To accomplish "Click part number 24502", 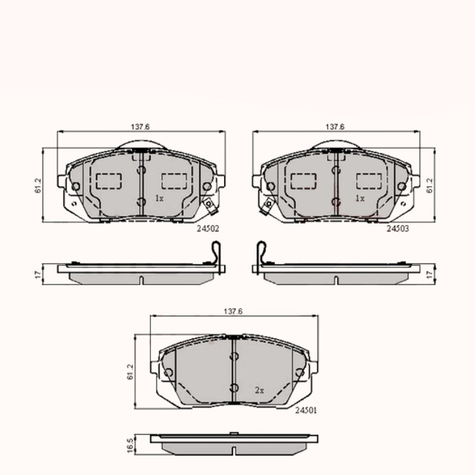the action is pyautogui.click(x=208, y=229).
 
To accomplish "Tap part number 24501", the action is pyautogui.click(x=306, y=410).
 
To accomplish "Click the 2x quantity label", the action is pyautogui.click(x=259, y=391).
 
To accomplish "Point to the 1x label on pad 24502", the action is pyautogui.click(x=160, y=199).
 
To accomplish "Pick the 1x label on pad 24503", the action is pyautogui.click(x=360, y=199).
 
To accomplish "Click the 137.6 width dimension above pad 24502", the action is pyautogui.click(x=140, y=127).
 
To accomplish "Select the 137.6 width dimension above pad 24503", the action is pyautogui.click(x=335, y=127).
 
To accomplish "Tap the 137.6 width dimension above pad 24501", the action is pyautogui.click(x=233, y=311).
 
